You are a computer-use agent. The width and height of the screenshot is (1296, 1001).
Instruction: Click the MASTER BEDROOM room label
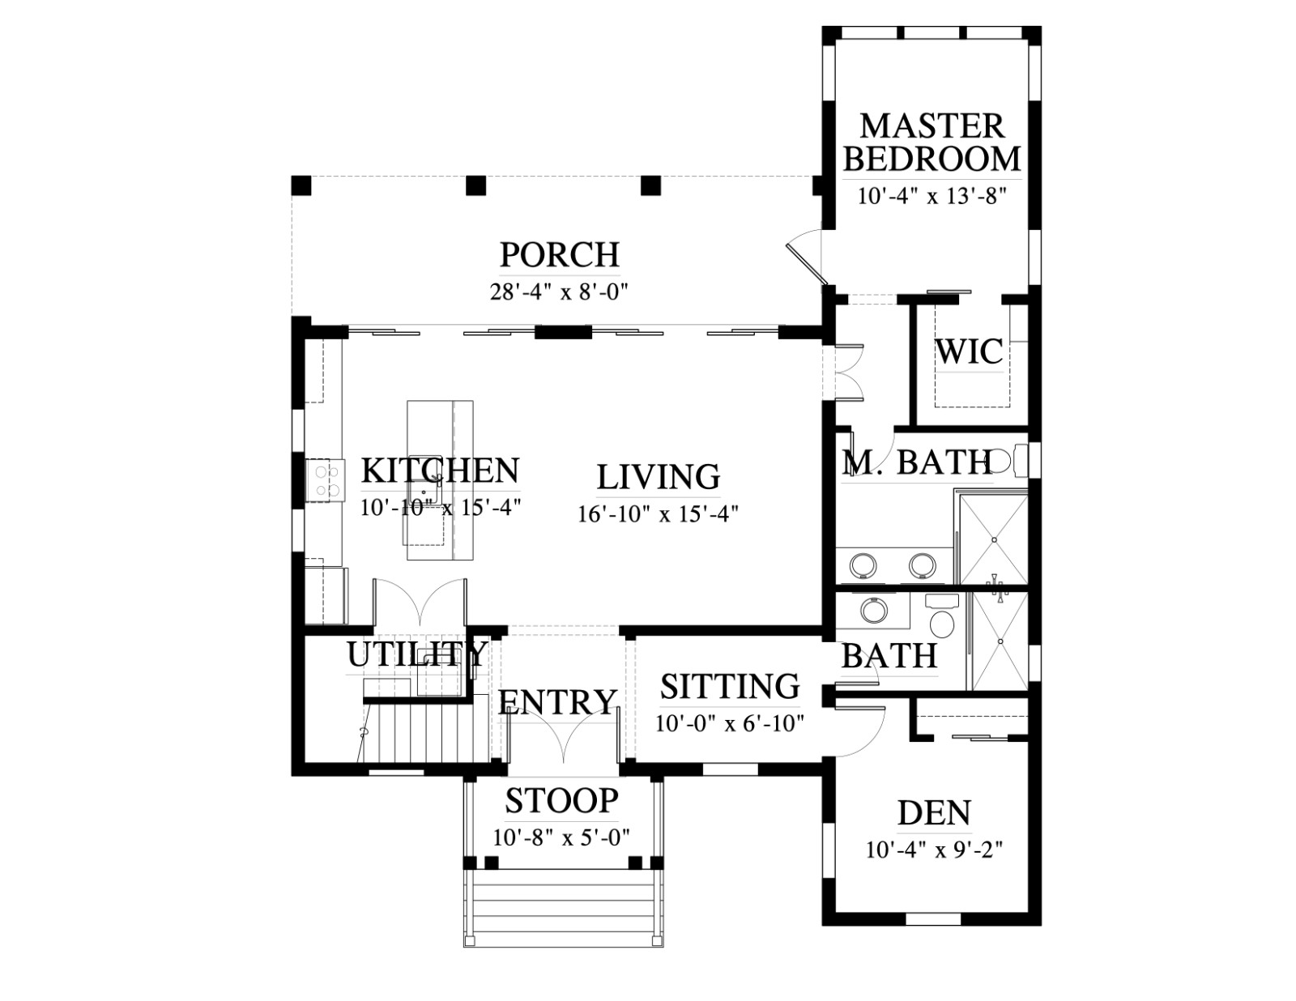(x=932, y=143)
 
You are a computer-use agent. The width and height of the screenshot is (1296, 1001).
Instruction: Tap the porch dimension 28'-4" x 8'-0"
(x=560, y=292)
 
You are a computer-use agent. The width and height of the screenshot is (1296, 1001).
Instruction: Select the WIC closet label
(x=970, y=351)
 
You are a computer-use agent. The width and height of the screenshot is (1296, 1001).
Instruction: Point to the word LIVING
(x=659, y=477)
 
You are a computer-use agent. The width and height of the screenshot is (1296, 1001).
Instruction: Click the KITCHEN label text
(x=441, y=471)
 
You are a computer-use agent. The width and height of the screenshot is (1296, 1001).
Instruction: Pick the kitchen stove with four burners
(x=325, y=480)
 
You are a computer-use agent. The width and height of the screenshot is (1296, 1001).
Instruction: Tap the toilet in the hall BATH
(x=942, y=618)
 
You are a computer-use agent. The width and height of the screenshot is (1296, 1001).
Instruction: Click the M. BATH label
(x=917, y=462)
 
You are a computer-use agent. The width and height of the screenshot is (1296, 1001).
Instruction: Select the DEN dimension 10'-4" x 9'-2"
(x=934, y=849)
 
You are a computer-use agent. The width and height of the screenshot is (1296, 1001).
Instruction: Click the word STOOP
(x=562, y=801)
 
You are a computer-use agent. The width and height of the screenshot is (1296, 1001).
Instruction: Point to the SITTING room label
(x=730, y=686)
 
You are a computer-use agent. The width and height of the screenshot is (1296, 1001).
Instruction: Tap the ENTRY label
(x=557, y=701)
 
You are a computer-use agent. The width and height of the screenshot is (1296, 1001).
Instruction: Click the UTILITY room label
(x=417, y=654)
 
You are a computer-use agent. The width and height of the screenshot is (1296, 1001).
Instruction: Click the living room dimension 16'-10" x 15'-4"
(x=659, y=513)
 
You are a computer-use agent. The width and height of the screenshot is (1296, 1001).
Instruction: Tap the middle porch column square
(x=476, y=185)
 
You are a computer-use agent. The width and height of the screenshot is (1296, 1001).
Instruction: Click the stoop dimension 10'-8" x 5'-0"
(x=562, y=837)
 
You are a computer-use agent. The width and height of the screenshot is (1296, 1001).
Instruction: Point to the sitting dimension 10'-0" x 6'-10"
(x=730, y=723)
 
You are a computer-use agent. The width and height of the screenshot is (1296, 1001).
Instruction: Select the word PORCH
(x=560, y=254)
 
